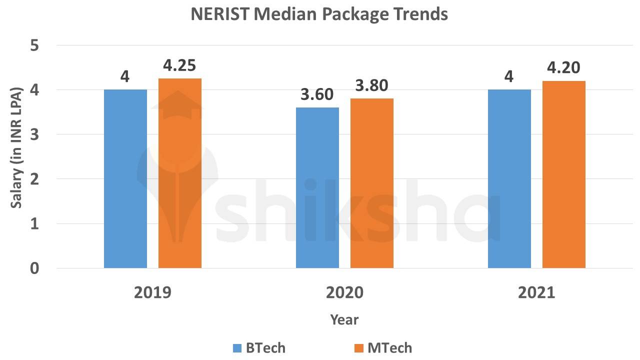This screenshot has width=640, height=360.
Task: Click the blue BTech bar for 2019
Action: (x=125, y=179)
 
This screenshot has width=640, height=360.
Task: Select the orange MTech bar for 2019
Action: (x=180, y=173)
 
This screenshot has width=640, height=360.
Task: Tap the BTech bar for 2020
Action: (x=317, y=188)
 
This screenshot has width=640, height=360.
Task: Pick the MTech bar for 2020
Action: (x=372, y=183)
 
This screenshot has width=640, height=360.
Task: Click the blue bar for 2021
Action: (x=509, y=179)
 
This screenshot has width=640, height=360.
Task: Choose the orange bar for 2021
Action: (x=564, y=174)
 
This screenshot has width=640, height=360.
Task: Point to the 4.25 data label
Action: (x=179, y=65)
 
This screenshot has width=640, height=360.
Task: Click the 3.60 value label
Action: (x=316, y=94)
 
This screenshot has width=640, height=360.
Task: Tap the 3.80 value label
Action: (x=371, y=86)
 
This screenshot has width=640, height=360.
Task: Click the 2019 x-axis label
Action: (x=152, y=292)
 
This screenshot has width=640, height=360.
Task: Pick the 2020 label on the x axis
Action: (x=344, y=292)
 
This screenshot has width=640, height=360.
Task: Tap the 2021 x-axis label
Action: (x=536, y=292)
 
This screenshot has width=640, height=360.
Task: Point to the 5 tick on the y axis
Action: (x=35, y=45)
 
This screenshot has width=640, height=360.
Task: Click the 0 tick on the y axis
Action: (x=35, y=268)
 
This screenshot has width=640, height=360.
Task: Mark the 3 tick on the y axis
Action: (x=35, y=134)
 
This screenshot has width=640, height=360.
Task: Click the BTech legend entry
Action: (x=259, y=347)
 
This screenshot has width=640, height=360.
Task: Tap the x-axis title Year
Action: (x=344, y=319)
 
